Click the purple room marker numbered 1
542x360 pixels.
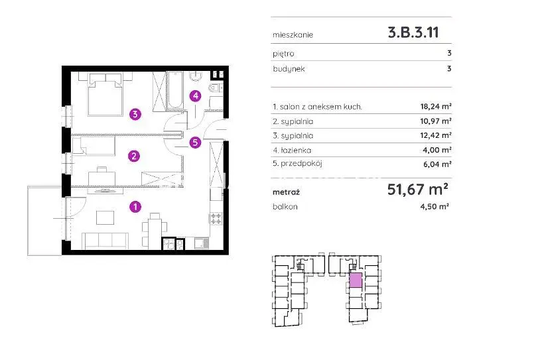[135, 207]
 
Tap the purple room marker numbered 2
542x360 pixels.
[134, 156]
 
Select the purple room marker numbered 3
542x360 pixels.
[135, 113]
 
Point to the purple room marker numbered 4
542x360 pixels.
[196, 95]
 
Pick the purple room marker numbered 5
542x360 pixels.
[195, 142]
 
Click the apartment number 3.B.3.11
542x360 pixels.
[413, 32]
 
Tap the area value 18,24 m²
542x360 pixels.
[436, 107]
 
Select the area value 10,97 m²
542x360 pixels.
[436, 121]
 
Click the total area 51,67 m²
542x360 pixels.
[417, 190]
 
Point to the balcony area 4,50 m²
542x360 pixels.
[435, 206]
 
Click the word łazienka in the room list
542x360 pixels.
[296, 150]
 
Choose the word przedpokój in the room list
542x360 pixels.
[301, 163]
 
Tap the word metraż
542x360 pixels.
[286, 192]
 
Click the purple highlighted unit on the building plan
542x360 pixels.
[356, 280]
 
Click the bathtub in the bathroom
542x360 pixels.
[176, 90]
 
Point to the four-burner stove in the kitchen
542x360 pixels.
[216, 219]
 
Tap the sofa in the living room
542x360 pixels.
[105, 241]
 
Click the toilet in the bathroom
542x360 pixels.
[216, 88]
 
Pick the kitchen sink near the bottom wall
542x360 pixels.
[202, 243]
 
